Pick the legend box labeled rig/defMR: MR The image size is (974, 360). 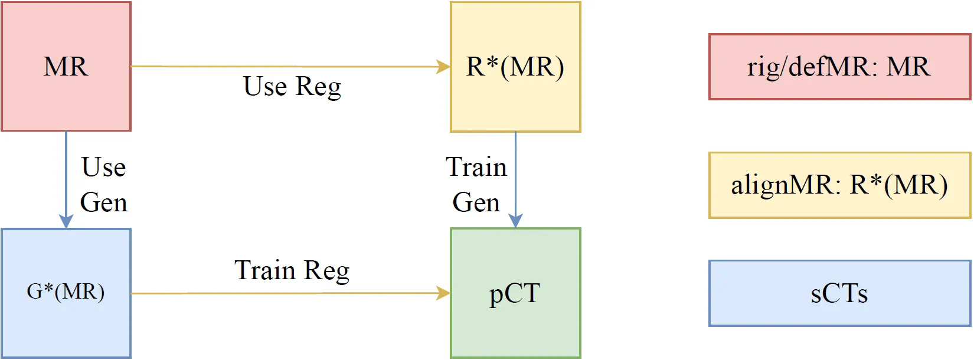pyautogui.click(x=839, y=67)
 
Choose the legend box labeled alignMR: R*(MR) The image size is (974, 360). pyautogui.click(x=839, y=185)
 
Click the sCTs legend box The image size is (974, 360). pyautogui.click(x=839, y=293)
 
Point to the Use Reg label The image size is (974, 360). pyautogui.click(x=292, y=87)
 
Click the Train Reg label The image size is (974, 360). pyautogui.click(x=292, y=271)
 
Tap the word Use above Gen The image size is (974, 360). pyautogui.click(x=103, y=168)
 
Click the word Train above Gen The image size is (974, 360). pyautogui.click(x=476, y=168)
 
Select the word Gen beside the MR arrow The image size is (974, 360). pyautogui.click(x=103, y=203)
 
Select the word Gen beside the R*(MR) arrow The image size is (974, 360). pyautogui.click(x=476, y=203)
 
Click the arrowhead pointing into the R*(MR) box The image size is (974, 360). pyautogui.click(x=443, y=67)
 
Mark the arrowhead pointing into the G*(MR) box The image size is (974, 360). pyautogui.click(x=66, y=221)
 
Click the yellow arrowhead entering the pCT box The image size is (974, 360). pyautogui.click(x=443, y=293)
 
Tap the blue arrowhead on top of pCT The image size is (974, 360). pyautogui.click(x=515, y=221)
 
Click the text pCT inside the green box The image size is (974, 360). pyautogui.click(x=515, y=293)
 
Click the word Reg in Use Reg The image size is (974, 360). pyautogui.click(x=318, y=87)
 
